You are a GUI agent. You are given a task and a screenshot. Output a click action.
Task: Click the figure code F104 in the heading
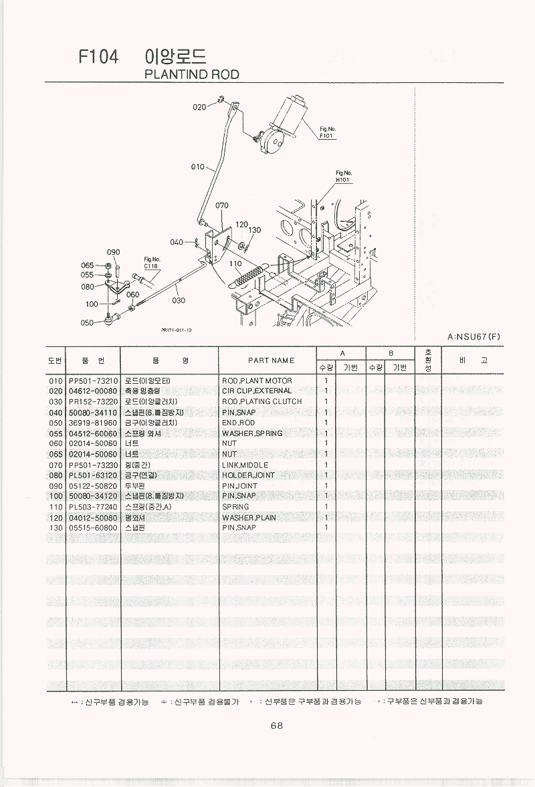point(98,58)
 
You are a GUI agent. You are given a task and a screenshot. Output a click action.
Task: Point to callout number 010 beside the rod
point(198,166)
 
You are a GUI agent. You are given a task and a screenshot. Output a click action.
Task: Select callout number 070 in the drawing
point(222,206)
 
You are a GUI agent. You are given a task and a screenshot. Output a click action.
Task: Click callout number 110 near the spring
point(235,263)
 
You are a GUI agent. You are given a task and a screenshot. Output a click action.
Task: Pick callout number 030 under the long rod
point(179,300)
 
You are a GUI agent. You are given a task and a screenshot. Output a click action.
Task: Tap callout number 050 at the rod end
point(87,323)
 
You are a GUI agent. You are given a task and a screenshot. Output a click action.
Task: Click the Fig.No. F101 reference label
point(326,132)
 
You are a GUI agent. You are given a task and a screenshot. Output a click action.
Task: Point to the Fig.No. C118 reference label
point(152,263)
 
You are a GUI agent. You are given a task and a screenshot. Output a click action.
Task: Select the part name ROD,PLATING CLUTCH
point(261,402)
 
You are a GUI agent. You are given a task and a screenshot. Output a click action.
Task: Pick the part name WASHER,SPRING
point(252,433)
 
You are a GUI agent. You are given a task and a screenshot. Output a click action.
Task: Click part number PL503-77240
point(93,507)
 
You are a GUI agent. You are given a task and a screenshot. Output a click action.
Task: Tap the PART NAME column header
point(271,360)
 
